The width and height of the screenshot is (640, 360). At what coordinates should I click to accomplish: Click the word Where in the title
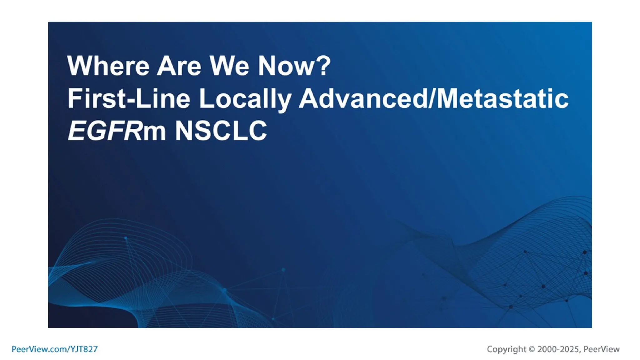108,66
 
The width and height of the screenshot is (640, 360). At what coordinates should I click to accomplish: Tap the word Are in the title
179,66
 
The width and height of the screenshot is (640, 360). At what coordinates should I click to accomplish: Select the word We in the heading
229,66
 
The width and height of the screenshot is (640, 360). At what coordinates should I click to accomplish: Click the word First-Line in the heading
129,98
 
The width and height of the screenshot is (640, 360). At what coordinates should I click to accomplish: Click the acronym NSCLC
221,131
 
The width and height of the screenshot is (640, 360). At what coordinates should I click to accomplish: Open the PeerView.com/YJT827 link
55,349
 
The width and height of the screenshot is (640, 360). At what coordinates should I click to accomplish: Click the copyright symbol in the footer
532,349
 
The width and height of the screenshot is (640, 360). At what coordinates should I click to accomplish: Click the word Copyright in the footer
506,349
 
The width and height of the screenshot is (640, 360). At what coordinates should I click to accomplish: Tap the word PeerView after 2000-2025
601,349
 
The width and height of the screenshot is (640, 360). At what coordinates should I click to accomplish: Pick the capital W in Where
78,66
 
